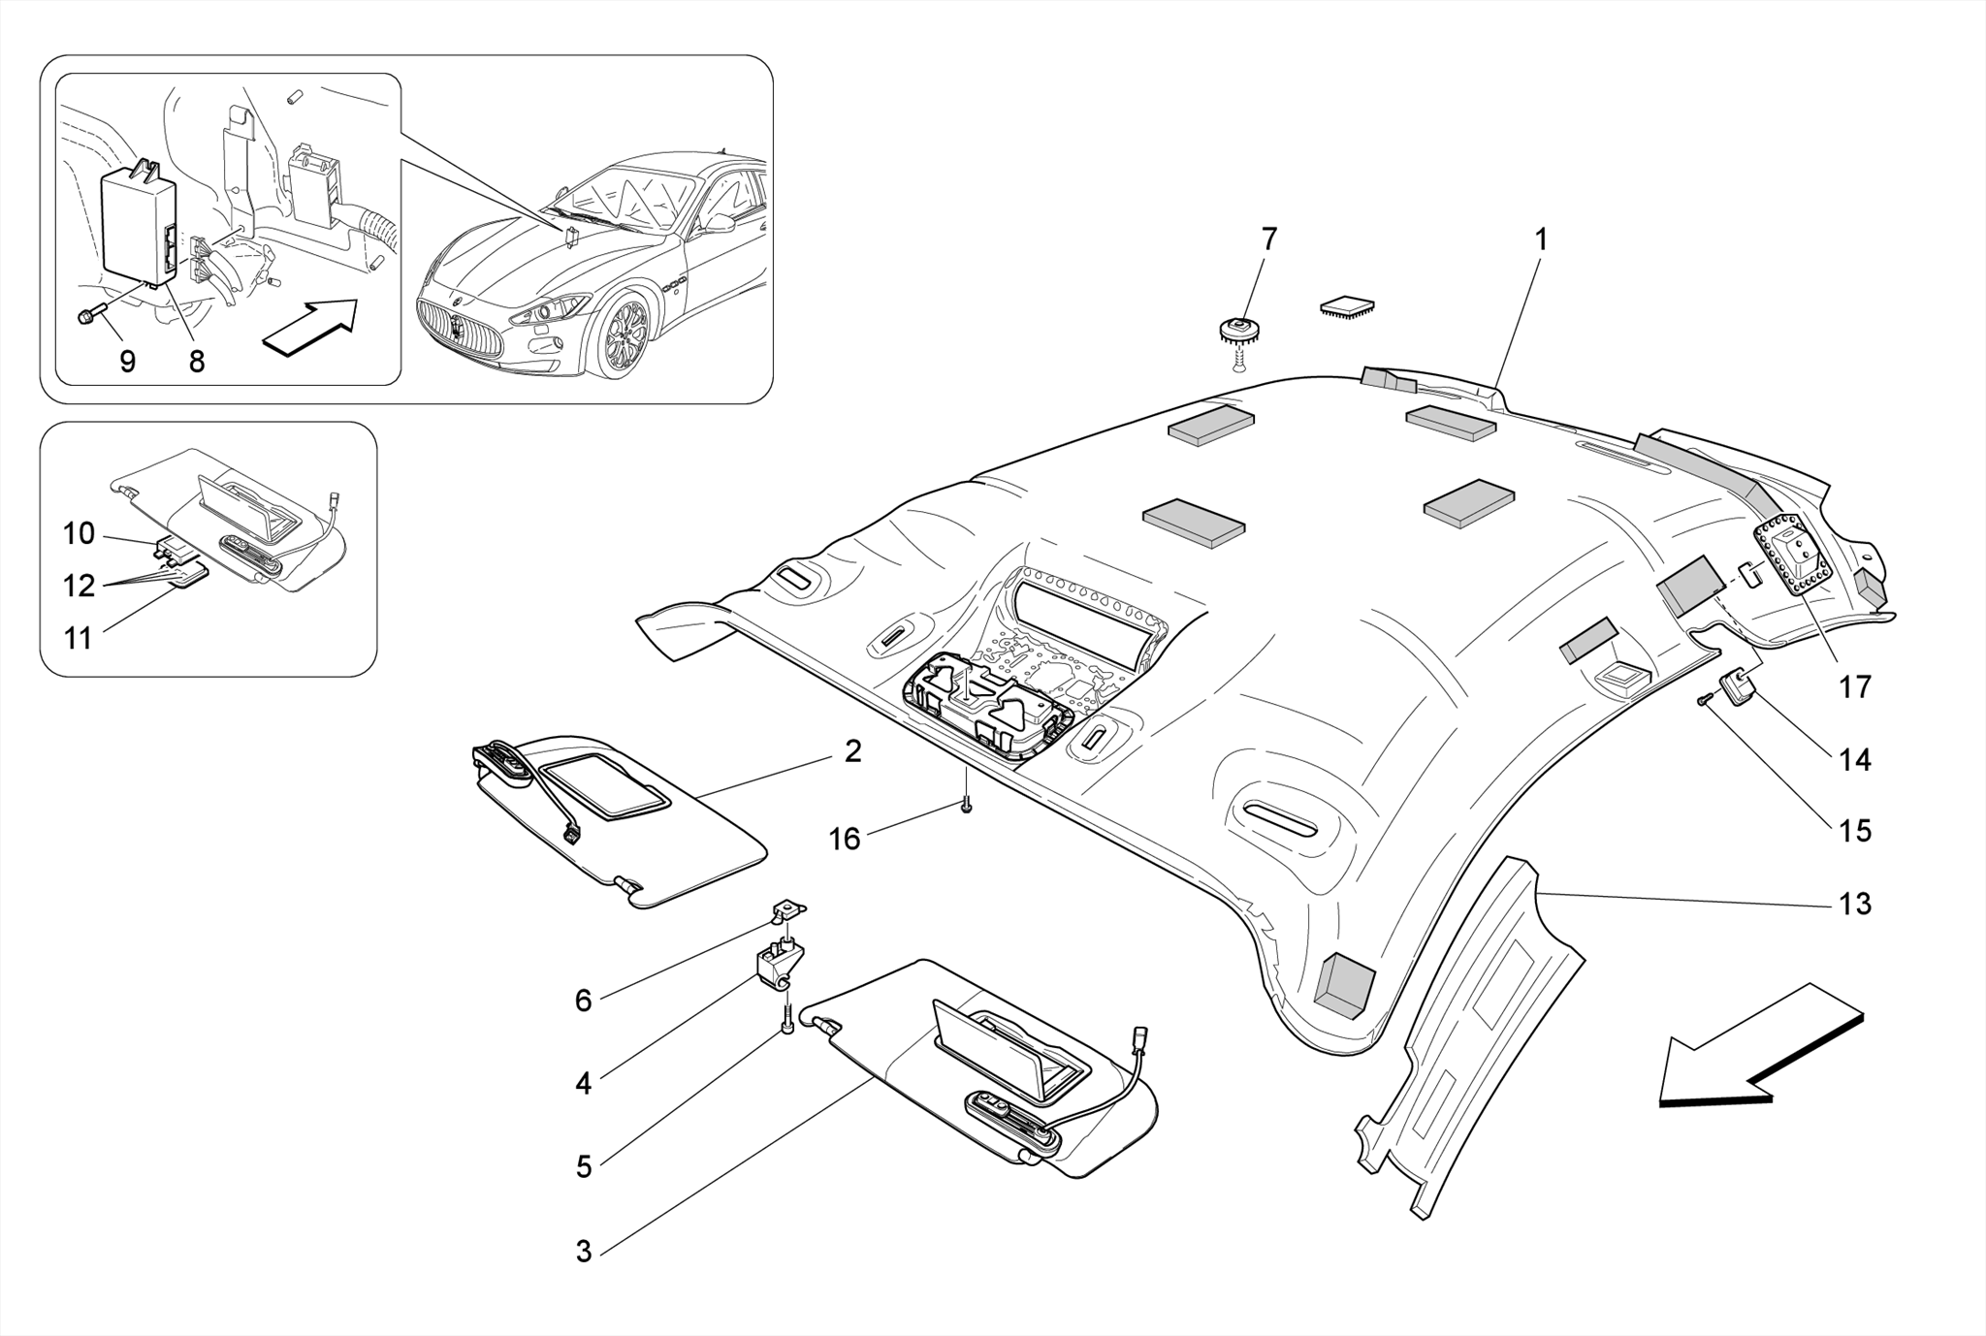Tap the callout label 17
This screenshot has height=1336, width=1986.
[1854, 687]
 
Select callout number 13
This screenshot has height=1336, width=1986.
[1854, 904]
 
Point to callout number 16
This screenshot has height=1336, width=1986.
[844, 839]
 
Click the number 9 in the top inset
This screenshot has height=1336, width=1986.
[127, 362]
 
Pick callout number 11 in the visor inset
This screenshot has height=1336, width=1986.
[78, 639]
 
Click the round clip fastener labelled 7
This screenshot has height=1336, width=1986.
[1237, 332]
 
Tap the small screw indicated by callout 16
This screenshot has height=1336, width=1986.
[966, 805]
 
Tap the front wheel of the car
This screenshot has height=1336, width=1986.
[625, 336]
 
